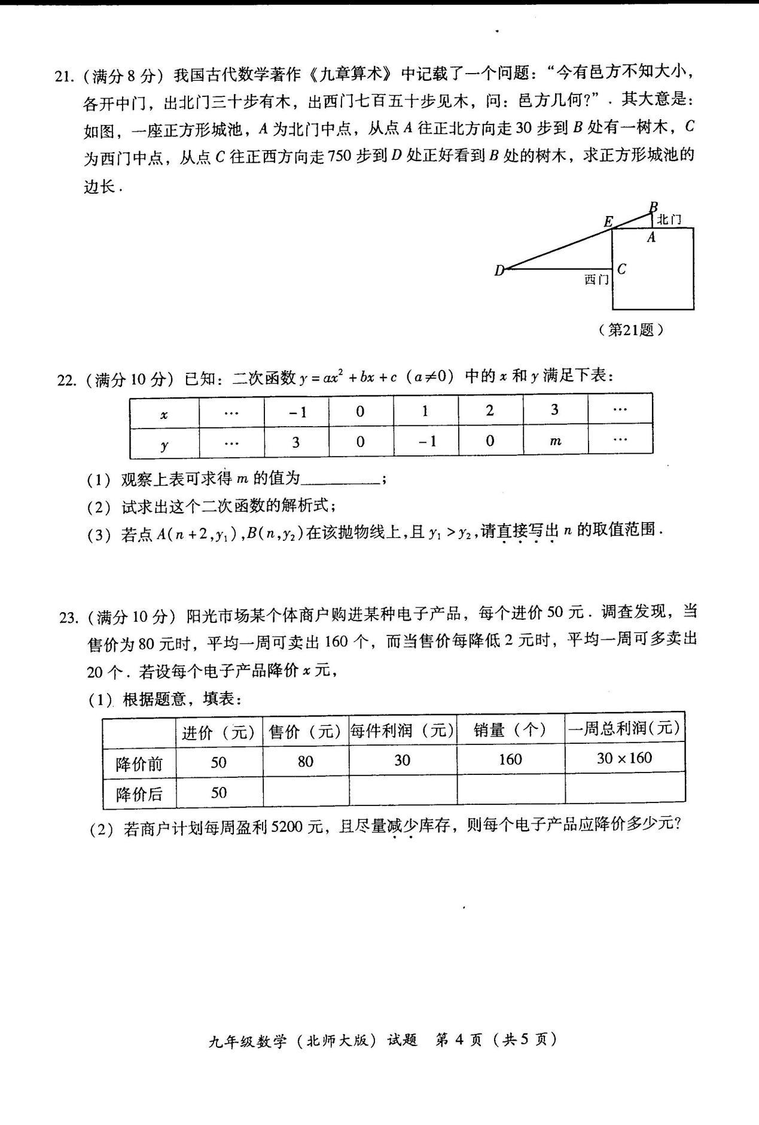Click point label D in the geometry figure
pos(499,270)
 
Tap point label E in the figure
pos(608,221)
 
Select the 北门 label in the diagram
pos(669,220)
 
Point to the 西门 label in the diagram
pos(596,279)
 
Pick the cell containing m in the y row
pos(555,441)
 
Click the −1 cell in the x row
pos(296,412)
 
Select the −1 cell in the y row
pos(426,441)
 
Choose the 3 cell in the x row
pos(555,410)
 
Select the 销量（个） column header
pos(510,729)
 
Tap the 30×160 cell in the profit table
pos(624,758)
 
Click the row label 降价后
pos(139,794)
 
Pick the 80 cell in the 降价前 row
pos(306,761)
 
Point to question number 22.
pos(66,380)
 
